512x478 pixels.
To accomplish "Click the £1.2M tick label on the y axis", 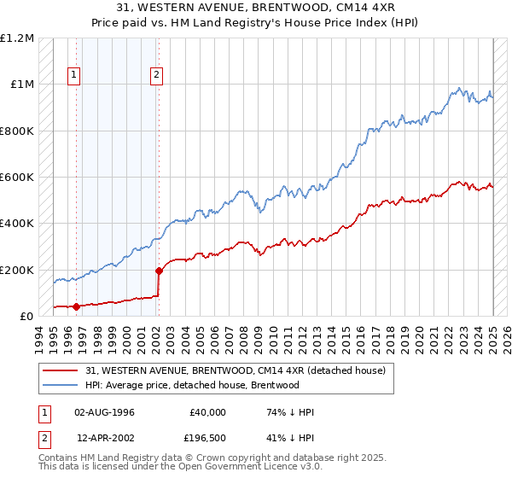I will pos(17,38).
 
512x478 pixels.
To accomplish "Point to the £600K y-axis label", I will pos(17,178).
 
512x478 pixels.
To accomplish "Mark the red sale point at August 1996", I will pos(76,306).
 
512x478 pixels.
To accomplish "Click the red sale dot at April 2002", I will pos(159,271).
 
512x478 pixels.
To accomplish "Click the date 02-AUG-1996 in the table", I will pos(104,412).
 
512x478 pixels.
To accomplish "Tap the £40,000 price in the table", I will pos(208,412).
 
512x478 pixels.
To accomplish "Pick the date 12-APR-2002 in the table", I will pos(104,438).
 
